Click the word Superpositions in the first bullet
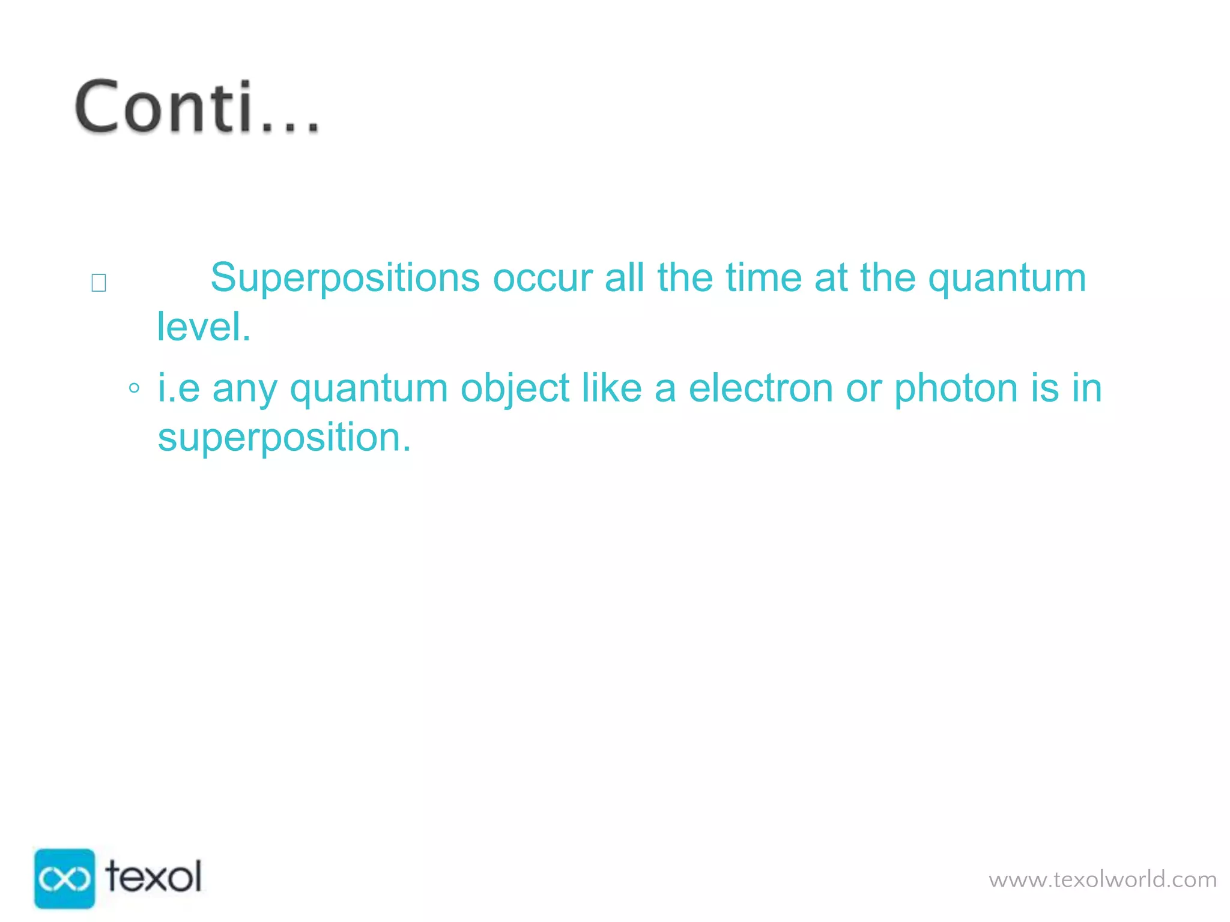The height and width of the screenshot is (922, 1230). tap(345, 278)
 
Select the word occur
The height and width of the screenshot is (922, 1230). tap(542, 278)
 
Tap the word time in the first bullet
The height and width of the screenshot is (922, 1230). tap(763, 278)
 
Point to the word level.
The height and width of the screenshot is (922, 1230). tap(203, 327)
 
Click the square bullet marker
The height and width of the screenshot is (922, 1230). tap(98, 283)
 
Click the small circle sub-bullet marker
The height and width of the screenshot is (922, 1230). tap(135, 388)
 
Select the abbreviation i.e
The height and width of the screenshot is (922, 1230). tap(178, 388)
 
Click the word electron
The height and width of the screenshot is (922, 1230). tap(760, 388)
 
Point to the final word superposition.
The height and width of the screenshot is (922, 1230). tap(284, 438)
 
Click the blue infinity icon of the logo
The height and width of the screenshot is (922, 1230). tap(64, 878)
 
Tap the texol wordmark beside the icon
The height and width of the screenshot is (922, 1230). tap(154, 877)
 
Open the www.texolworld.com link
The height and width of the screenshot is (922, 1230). tap(1102, 880)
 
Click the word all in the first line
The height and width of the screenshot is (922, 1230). tap(624, 278)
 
